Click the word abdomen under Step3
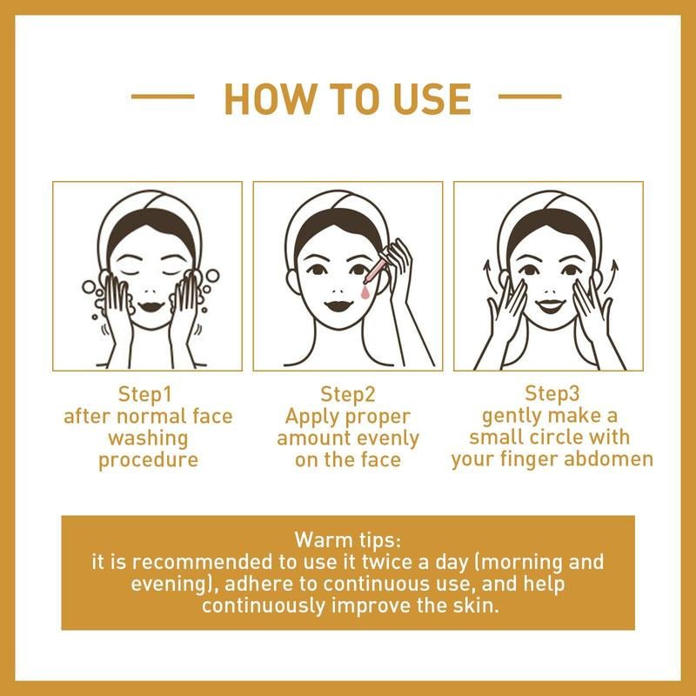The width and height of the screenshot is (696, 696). click(x=609, y=459)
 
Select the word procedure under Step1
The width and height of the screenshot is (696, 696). click(x=148, y=459)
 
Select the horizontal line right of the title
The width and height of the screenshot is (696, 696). click(x=531, y=97)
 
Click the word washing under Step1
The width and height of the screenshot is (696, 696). click(x=148, y=438)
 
